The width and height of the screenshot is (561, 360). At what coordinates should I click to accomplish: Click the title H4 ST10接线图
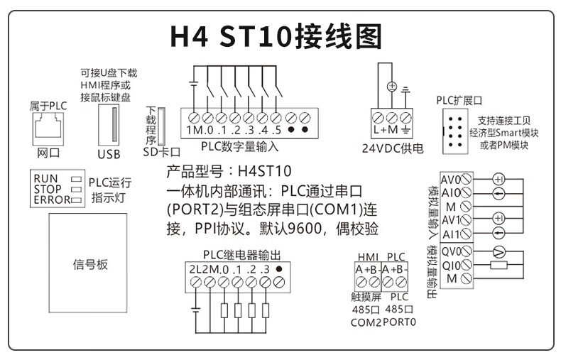coord(280,36)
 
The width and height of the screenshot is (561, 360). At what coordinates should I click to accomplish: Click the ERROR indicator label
coord(52,200)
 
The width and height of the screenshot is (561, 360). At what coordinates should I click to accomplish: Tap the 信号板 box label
coord(91,264)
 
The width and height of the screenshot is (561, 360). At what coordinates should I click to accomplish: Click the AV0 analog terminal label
coord(450,179)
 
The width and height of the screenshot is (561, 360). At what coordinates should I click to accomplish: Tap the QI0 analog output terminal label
coord(450,265)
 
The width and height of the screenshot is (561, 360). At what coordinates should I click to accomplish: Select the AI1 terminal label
coord(450,233)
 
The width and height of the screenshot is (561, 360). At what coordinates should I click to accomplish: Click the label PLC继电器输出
coord(241,255)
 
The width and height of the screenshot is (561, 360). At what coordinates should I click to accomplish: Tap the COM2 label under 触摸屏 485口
coord(366,322)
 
